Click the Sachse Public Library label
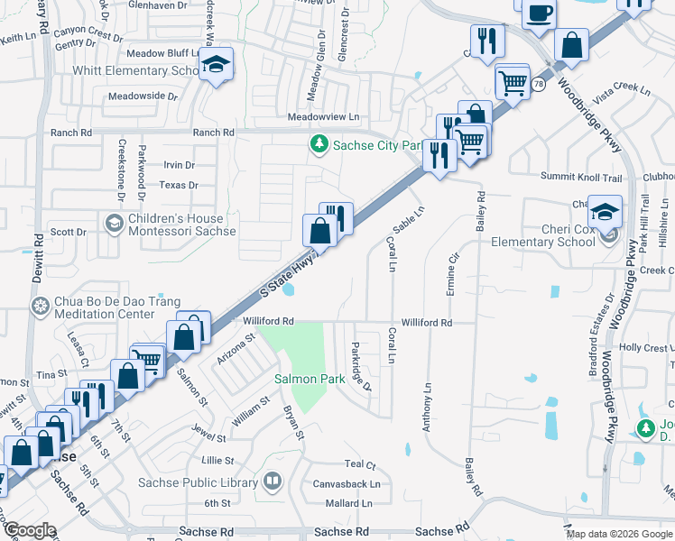pyautogui.click(x=198, y=482)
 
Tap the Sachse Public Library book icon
pyautogui.click(x=272, y=482)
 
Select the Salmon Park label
pyautogui.click(x=310, y=379)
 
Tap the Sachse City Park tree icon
pyautogui.click(x=318, y=144)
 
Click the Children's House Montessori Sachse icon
pyautogui.click(x=114, y=224)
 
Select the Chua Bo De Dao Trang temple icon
pyautogui.click(x=40, y=307)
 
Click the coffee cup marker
pyautogui.click(x=540, y=14)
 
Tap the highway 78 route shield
pyautogui.click(x=538, y=84)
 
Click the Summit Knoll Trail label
pyautogui.click(x=582, y=176)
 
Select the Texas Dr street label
pyautogui.click(x=178, y=185)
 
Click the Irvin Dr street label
pyautogui.click(x=179, y=165)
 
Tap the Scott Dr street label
pyautogui.click(x=69, y=232)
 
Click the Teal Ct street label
pyautogui.click(x=359, y=464)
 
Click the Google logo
pyautogui.click(x=29, y=530)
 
